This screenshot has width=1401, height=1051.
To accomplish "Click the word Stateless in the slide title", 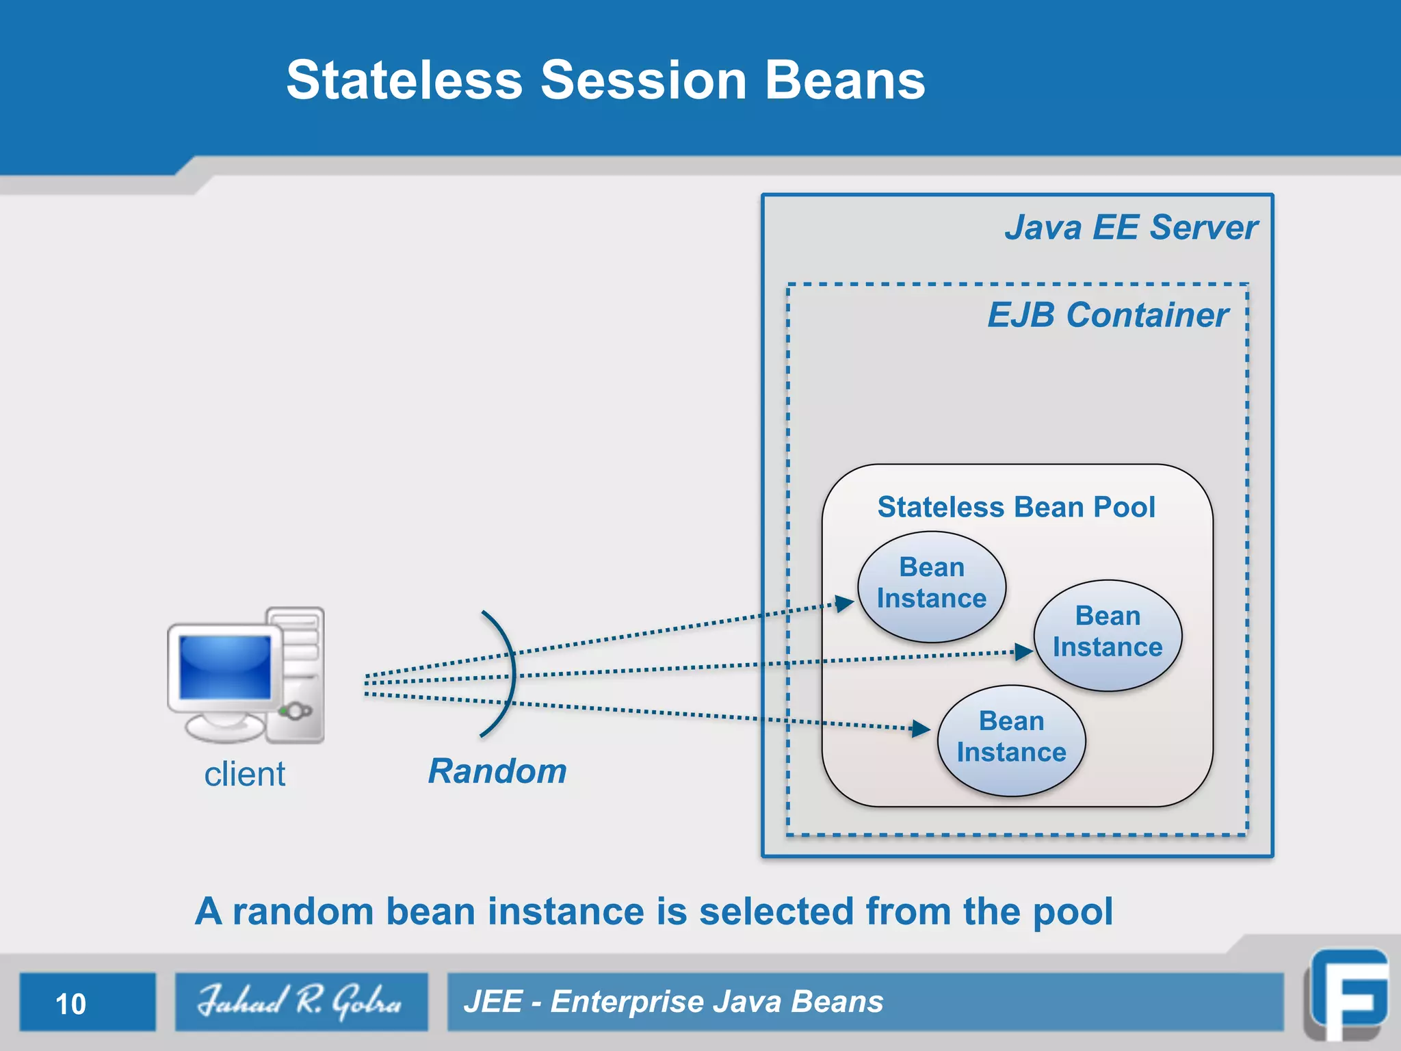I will [x=404, y=81].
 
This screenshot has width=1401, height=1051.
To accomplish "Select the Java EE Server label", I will [x=1130, y=227].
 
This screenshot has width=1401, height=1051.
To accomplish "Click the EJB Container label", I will [x=1108, y=315].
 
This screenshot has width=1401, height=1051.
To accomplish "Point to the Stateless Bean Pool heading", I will [x=1016, y=507].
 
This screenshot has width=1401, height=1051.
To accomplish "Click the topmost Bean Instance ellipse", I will [x=932, y=586].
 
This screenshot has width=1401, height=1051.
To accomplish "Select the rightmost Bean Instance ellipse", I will [x=1108, y=634].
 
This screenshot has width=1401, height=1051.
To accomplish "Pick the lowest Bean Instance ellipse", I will [x=1011, y=740].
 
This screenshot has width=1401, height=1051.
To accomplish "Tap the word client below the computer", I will [x=245, y=775].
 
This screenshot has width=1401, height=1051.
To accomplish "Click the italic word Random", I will [x=497, y=771].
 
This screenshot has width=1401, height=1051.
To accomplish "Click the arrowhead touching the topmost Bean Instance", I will [x=845, y=603].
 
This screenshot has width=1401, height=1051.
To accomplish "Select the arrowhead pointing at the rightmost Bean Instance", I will [x=1023, y=651].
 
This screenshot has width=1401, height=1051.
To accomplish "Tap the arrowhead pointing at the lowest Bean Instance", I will [x=921, y=729].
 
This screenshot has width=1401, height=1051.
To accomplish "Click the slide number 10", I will [x=70, y=1004].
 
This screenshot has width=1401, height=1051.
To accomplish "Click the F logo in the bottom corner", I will [x=1348, y=996].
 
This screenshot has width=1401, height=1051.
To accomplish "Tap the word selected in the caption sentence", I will [x=776, y=911].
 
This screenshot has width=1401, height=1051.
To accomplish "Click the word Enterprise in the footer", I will [x=627, y=1002].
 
